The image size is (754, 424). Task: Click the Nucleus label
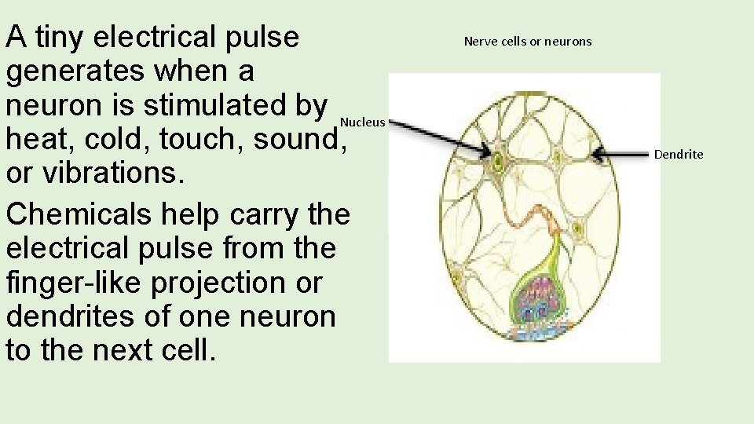pyautogui.click(x=363, y=122)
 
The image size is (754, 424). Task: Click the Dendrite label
pyautogui.click(x=679, y=155)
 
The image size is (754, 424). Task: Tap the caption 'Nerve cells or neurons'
pyautogui.click(x=528, y=41)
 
